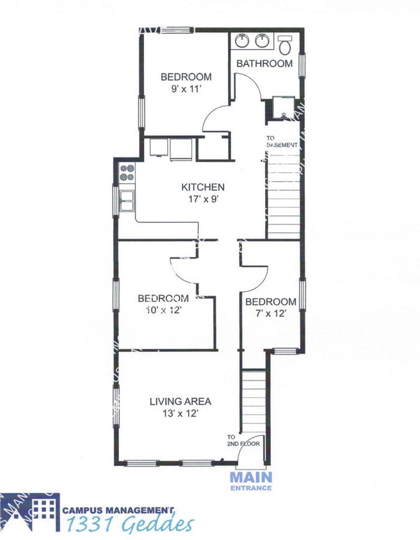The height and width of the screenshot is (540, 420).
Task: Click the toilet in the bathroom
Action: (x=286, y=44)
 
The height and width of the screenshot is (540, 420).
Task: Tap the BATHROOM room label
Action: (x=264, y=63)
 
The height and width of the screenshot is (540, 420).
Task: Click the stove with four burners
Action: (x=127, y=171)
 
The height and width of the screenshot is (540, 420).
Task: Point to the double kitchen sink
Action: (x=126, y=201)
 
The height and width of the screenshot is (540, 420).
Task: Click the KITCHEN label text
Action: (x=203, y=187)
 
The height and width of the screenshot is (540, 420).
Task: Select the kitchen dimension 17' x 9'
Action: (x=203, y=200)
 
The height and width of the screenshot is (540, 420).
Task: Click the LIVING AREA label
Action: (x=181, y=402)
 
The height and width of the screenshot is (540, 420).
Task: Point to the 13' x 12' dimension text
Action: (x=181, y=414)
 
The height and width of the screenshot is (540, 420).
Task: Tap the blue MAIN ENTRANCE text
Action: (x=251, y=480)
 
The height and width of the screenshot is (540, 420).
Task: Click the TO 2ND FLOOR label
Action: (x=243, y=440)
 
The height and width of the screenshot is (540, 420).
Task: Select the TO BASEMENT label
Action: (x=282, y=141)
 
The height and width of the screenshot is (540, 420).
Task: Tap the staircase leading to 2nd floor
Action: (x=254, y=401)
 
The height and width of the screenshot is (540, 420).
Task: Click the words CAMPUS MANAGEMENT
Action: (x=118, y=510)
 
